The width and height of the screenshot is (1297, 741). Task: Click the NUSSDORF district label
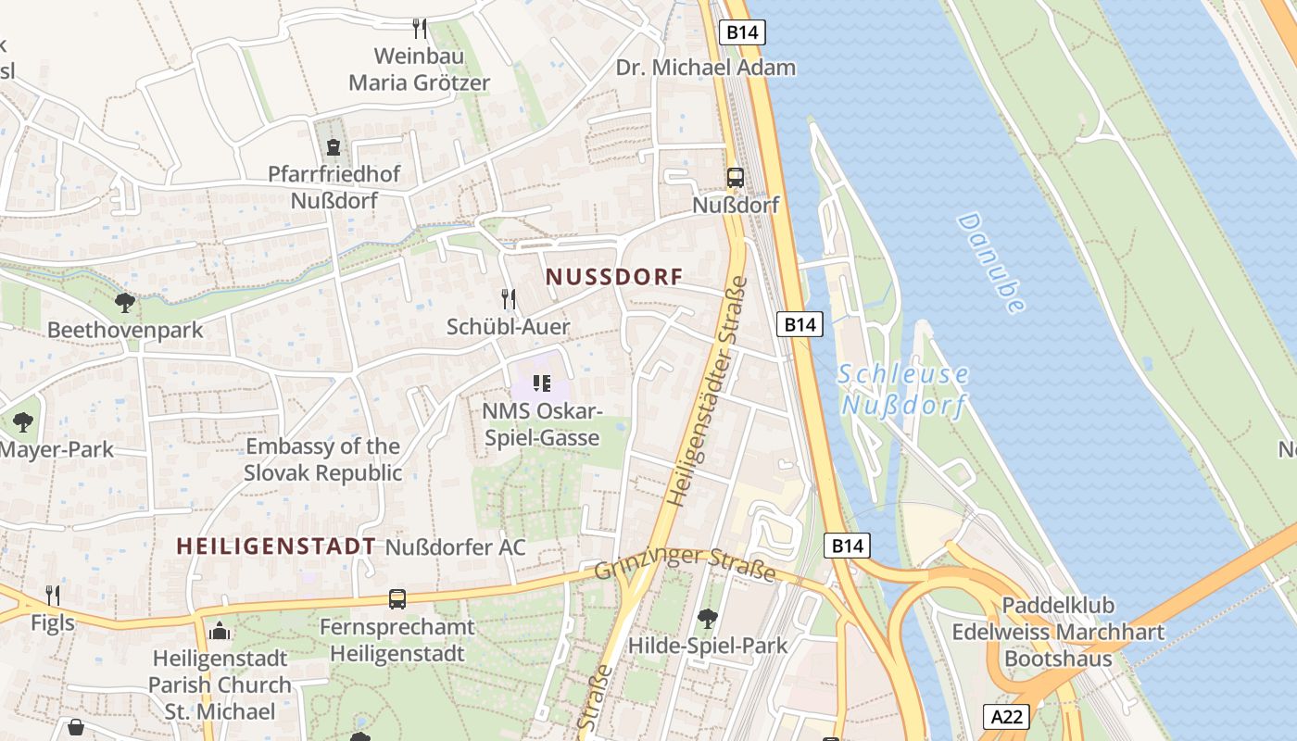click(614, 277)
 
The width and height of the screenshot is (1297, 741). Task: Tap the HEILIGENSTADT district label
click(276, 546)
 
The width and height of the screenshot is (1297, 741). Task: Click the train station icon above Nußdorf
click(736, 178)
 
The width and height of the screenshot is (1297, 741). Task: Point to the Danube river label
click(991, 263)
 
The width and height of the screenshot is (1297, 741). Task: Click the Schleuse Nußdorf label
click(903, 390)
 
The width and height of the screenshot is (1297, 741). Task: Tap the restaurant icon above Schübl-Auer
click(509, 298)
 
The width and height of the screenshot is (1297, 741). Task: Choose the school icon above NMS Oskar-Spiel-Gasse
click(542, 383)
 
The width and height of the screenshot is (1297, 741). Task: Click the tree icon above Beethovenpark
click(125, 302)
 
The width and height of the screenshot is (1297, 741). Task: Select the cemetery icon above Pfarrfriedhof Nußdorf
click(334, 146)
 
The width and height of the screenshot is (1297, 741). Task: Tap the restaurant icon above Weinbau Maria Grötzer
click(420, 29)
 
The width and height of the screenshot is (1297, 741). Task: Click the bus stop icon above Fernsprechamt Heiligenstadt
click(397, 599)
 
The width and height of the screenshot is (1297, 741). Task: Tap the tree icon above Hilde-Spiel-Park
click(708, 618)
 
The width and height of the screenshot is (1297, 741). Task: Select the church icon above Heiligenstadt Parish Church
click(220, 632)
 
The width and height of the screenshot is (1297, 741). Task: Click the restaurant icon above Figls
click(53, 595)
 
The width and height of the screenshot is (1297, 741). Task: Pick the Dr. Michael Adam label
click(706, 68)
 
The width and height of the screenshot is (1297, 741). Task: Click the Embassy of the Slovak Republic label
click(323, 459)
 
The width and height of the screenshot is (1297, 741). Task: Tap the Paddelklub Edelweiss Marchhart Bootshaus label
click(1058, 633)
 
